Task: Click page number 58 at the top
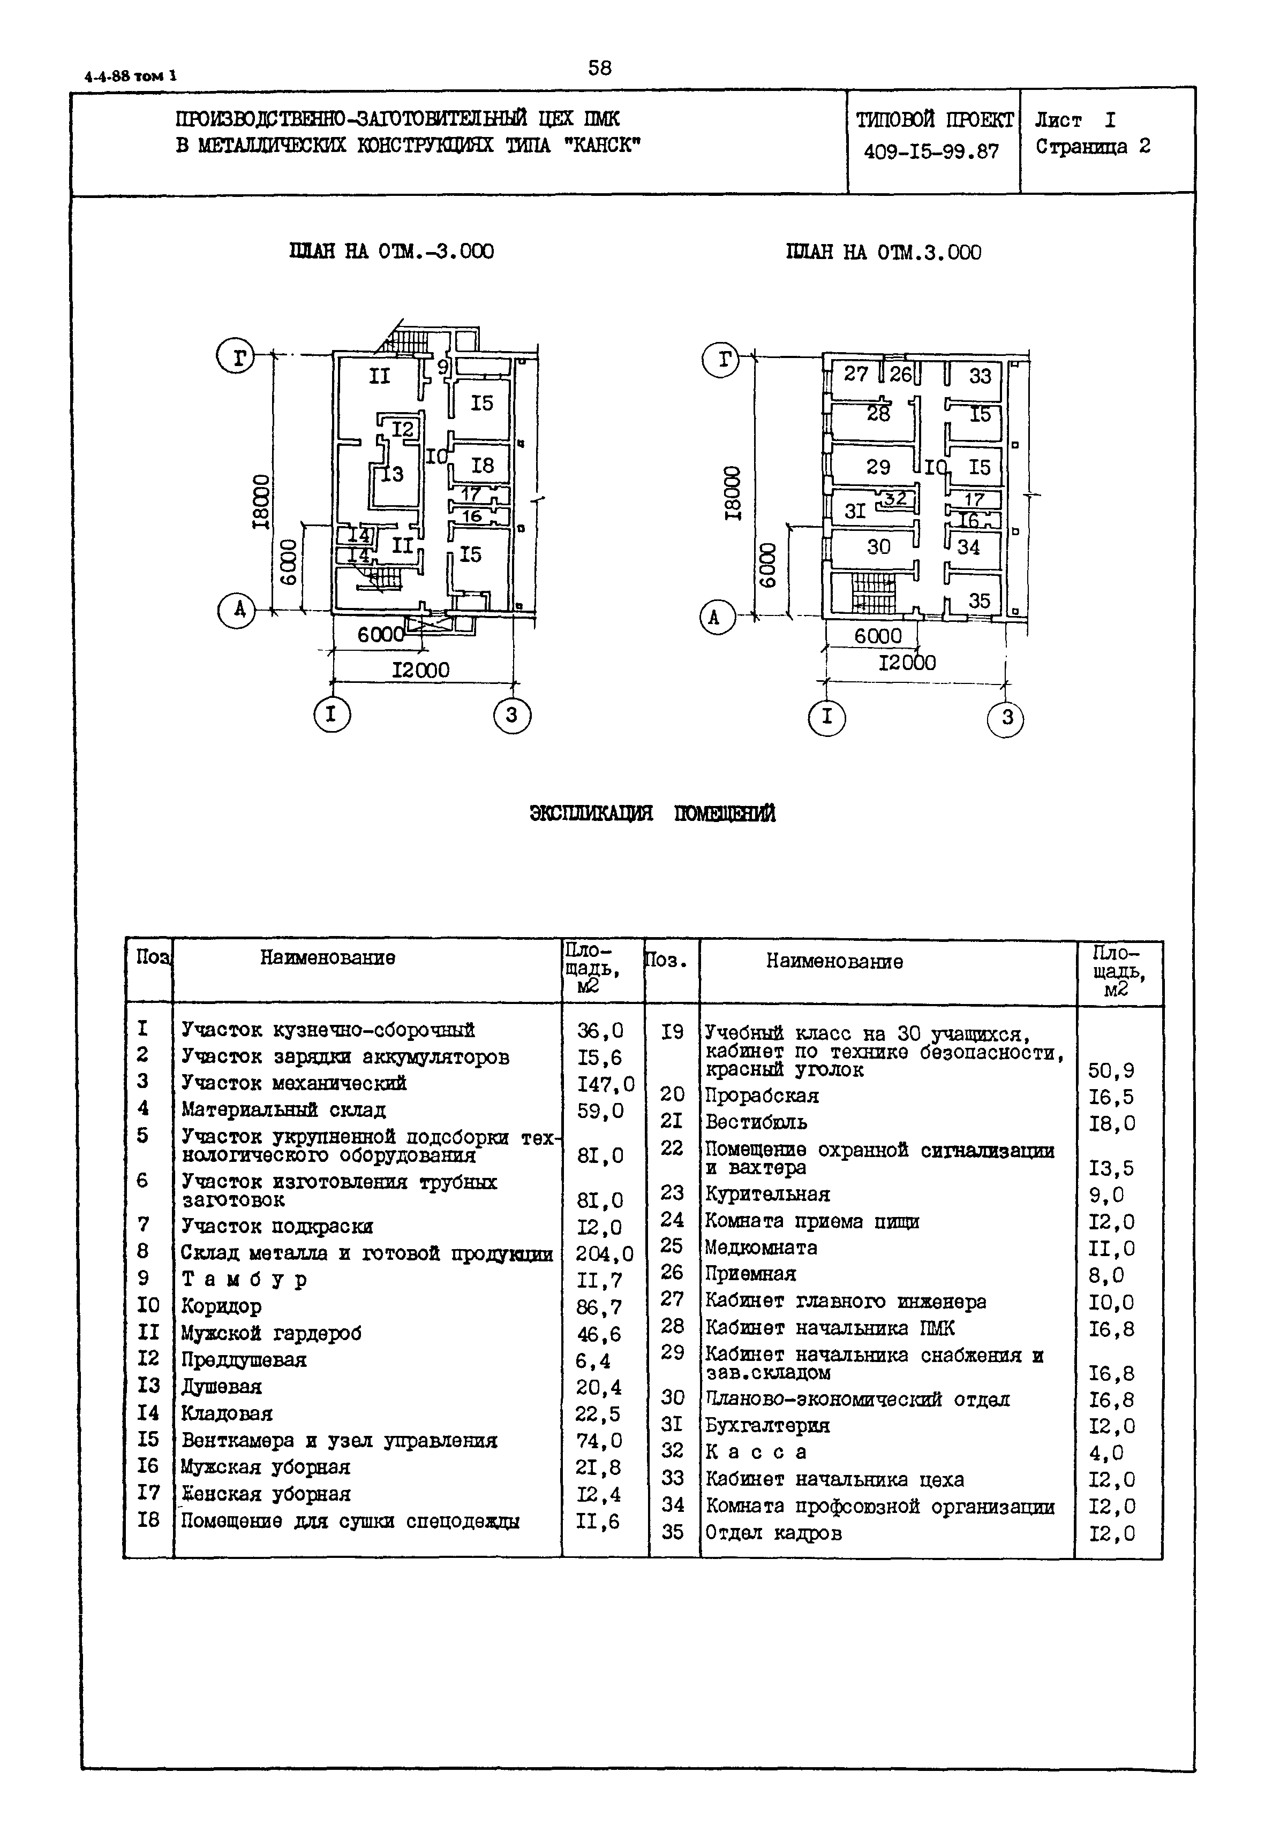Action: click(x=600, y=68)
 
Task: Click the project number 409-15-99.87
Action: click(x=931, y=151)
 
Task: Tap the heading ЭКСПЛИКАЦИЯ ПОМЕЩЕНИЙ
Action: click(x=652, y=813)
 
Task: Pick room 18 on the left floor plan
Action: click(x=482, y=465)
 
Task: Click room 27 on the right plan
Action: click(x=855, y=374)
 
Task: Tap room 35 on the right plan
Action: click(x=980, y=600)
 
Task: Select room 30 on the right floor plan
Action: click(x=878, y=546)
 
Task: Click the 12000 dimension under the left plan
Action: click(x=421, y=670)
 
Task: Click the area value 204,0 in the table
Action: click(x=605, y=1254)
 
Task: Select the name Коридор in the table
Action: click(x=221, y=1306)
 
